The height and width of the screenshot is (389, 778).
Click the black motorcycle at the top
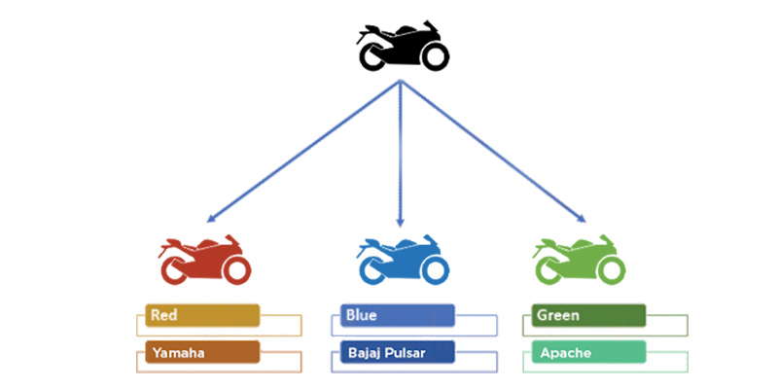(403, 46)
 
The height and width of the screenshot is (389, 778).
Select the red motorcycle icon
(204, 260)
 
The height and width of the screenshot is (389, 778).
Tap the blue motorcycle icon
(403, 260)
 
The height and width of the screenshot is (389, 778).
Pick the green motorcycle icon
(579, 260)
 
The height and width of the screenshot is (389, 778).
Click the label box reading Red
(202, 315)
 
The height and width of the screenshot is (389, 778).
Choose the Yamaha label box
(202, 352)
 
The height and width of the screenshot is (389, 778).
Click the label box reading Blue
(398, 315)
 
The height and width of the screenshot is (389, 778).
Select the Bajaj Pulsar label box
(398, 352)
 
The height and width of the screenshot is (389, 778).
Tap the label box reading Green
(588, 315)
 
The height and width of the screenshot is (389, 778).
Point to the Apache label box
(588, 352)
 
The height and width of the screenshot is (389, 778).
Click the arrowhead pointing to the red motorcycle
(211, 218)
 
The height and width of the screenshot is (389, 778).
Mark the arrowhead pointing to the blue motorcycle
(401, 223)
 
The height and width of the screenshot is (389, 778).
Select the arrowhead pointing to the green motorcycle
(582, 218)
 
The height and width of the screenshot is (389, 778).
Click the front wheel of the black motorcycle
(435, 56)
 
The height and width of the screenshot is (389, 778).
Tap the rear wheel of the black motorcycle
(372, 56)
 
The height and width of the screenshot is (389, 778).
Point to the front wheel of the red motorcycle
(236, 271)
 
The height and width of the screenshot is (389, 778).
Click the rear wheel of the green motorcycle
(548, 271)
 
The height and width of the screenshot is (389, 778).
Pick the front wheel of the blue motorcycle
(435, 271)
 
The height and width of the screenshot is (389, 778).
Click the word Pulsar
(409, 353)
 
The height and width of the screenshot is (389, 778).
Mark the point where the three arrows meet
(401, 82)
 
